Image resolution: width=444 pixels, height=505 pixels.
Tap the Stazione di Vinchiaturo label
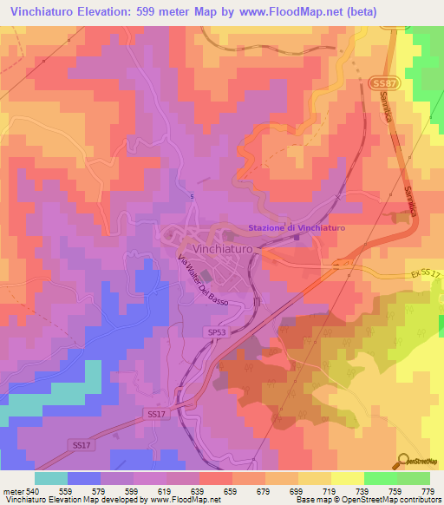(x=297, y=227)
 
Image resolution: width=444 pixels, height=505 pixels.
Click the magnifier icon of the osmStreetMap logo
(x=403, y=461)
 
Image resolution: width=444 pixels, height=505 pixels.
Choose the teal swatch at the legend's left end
(x=51, y=478)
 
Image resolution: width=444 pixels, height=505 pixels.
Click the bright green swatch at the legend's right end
(x=413, y=478)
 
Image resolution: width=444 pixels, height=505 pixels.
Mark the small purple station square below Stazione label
(x=297, y=236)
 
